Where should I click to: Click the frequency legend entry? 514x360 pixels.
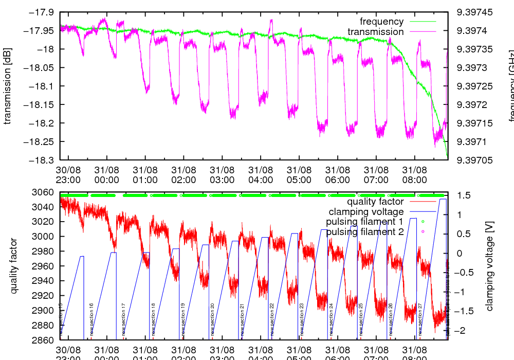pyautogui.click(x=381, y=22)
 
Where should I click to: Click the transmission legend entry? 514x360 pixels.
pyautogui.click(x=375, y=32)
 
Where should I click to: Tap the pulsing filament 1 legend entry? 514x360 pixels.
pyautogui.click(x=364, y=222)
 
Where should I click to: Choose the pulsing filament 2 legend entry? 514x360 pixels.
pyautogui.click(x=364, y=232)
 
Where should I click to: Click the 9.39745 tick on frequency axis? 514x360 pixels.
pyautogui.click(x=474, y=12)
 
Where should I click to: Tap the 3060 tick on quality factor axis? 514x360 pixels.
pyautogui.click(x=43, y=192)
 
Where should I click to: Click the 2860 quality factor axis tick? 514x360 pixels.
pyautogui.click(x=43, y=340)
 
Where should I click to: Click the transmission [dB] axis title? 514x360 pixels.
pyautogui.click(x=8, y=86)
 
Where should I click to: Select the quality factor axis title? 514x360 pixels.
pyautogui.click(x=14, y=266)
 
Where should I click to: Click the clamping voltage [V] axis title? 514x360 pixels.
pyautogui.click(x=489, y=266)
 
